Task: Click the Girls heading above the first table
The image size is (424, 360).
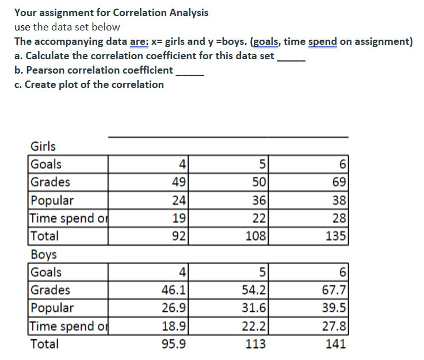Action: click(x=43, y=146)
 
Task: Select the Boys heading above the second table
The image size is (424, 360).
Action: click(x=43, y=254)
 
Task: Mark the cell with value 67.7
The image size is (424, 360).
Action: click(x=334, y=290)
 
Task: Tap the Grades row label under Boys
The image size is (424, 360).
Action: click(x=51, y=290)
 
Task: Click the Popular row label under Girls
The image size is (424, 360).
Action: click(x=52, y=200)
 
